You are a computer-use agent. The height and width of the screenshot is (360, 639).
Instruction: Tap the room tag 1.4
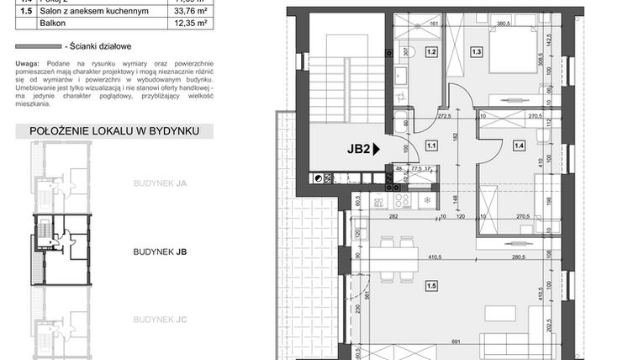point(519,146)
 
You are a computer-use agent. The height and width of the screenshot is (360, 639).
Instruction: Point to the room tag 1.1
point(431,146)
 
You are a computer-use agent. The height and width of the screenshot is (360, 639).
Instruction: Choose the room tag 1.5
point(431,284)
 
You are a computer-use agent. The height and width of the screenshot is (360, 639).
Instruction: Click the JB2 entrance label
point(359,149)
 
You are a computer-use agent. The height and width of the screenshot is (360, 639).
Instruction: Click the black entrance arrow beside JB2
point(377,149)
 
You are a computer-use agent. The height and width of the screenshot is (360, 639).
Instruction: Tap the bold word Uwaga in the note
point(27,64)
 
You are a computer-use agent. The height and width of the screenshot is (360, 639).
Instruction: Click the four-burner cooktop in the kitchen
point(402,201)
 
